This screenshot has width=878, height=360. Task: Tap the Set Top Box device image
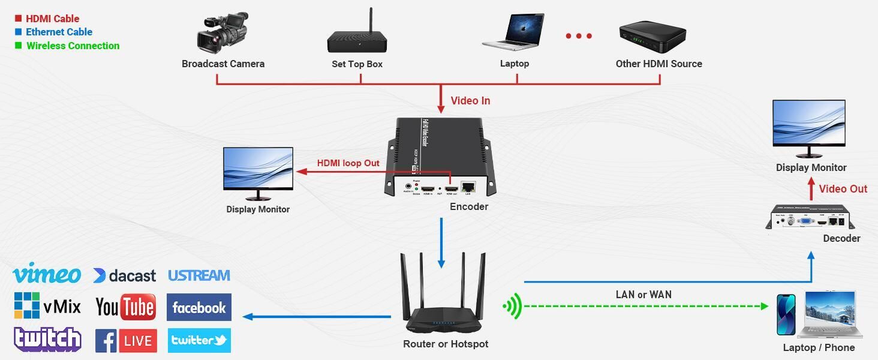coord(357,37)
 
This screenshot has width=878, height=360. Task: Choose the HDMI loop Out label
coord(348,163)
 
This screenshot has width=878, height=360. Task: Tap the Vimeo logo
coord(47,274)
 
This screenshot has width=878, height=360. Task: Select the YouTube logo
coord(125,307)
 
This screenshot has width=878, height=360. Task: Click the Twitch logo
coord(47,340)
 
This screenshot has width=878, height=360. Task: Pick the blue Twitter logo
coord(199,340)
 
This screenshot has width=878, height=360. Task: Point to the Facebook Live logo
coord(126,341)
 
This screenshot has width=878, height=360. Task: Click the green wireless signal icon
coord(513,307)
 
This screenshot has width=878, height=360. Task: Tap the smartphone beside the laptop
coord(786,314)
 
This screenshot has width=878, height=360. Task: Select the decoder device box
coord(810,218)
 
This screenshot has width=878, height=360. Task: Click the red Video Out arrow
coord(811,190)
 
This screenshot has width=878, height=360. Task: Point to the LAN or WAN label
coord(644,295)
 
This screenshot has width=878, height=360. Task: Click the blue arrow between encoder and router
coord(441,243)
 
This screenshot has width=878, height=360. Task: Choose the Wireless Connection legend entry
coord(73,46)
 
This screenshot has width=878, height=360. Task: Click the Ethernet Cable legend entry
coord(59,32)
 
